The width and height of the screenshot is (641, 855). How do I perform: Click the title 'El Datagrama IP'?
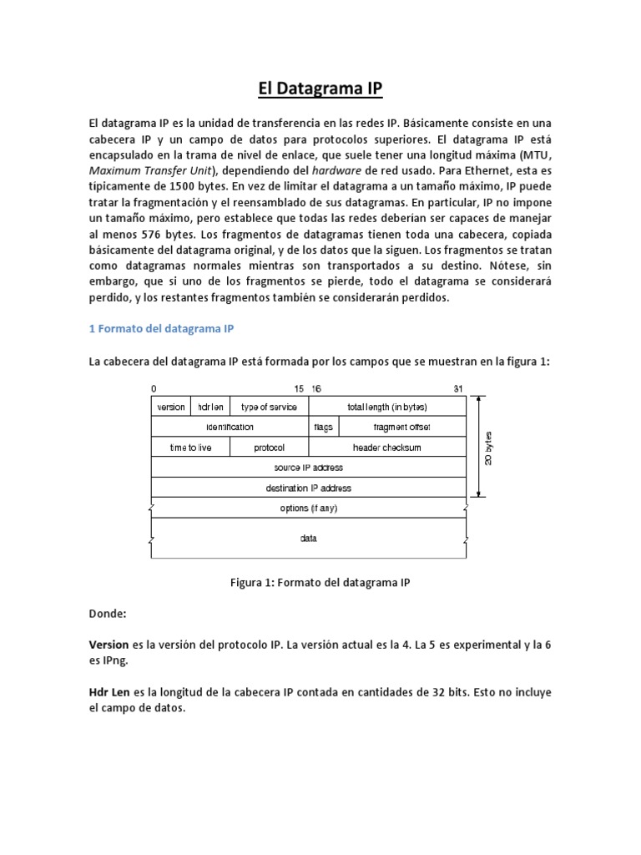(320, 89)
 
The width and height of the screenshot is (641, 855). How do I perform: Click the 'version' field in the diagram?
(171, 407)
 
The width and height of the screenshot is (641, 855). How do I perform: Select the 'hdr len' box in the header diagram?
(210, 407)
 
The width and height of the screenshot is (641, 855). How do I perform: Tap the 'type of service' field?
(268, 407)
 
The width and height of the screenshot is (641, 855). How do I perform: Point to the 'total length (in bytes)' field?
(387, 407)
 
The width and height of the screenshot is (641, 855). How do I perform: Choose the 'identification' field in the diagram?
(230, 427)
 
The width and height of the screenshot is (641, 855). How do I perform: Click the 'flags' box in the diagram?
(324, 427)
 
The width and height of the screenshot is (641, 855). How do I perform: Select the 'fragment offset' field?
(402, 427)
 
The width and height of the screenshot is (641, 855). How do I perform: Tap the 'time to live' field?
(190, 448)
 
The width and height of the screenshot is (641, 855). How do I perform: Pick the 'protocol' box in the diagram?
(269, 448)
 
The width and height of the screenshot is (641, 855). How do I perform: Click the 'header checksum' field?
(387, 448)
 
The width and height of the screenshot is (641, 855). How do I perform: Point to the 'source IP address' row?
(309, 468)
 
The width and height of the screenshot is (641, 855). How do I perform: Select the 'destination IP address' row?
(309, 488)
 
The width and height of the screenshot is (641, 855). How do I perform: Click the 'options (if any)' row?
(309, 508)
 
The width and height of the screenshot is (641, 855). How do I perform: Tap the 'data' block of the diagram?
(309, 539)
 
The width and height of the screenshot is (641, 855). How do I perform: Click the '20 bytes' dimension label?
(491, 447)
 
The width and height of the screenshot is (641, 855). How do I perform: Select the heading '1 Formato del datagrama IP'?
(161, 329)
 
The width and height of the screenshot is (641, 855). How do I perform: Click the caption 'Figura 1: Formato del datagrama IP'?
(320, 583)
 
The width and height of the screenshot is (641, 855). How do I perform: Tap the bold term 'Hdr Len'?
(109, 693)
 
